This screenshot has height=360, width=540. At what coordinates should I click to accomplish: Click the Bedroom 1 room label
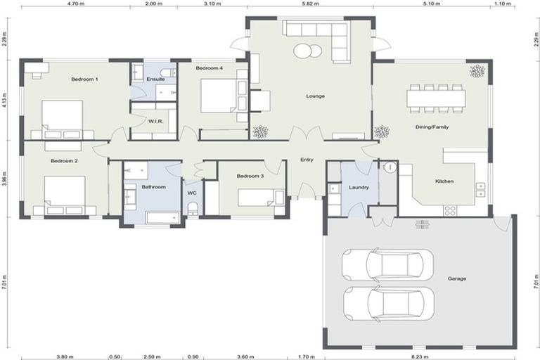point(84,79)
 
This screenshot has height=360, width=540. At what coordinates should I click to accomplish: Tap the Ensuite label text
point(155,79)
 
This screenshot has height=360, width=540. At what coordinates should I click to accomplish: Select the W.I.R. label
point(155,122)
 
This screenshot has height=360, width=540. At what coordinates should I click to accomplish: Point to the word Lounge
point(315,96)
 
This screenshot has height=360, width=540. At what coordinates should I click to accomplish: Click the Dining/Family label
point(432,127)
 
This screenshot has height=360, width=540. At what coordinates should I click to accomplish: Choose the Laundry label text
point(359,188)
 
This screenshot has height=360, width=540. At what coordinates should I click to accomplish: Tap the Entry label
point(307,160)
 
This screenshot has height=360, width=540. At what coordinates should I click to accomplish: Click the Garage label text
point(456,278)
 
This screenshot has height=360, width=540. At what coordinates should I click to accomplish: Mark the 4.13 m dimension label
point(4,100)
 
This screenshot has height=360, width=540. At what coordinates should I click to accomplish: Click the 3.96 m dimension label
point(4,179)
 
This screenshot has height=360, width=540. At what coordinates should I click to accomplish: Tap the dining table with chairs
point(435,98)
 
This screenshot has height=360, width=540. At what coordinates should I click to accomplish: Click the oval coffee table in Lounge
point(308,51)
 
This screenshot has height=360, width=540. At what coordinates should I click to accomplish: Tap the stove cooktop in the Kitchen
point(449,210)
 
